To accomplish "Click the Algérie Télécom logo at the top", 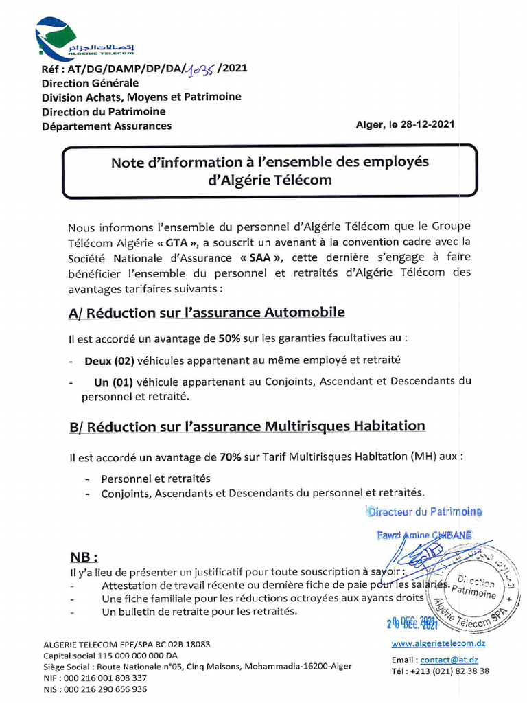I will [x=83, y=39].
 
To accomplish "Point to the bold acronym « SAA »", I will [x=262, y=258].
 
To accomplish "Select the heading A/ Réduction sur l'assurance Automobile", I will [x=206, y=312].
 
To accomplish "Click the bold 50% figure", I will [x=229, y=338].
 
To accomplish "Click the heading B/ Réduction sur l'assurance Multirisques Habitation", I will [x=247, y=426].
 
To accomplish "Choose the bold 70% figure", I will [x=229, y=457].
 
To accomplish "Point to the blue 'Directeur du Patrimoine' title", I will [x=425, y=511].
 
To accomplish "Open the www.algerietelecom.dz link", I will [x=438, y=643].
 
